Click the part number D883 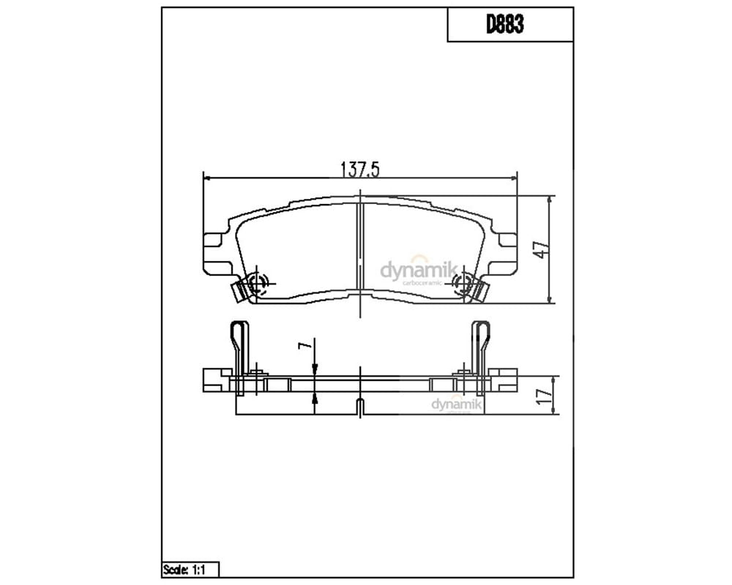pyautogui.click(x=504, y=24)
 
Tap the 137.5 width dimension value pyautogui.click(x=360, y=170)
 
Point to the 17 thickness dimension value pyautogui.click(x=545, y=396)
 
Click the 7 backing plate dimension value pyautogui.click(x=305, y=345)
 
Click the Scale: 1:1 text pyautogui.click(x=184, y=570)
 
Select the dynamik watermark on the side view pyautogui.click(x=457, y=404)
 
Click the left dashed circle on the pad pyautogui.click(x=258, y=283)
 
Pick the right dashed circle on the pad pyautogui.click(x=463, y=283)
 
